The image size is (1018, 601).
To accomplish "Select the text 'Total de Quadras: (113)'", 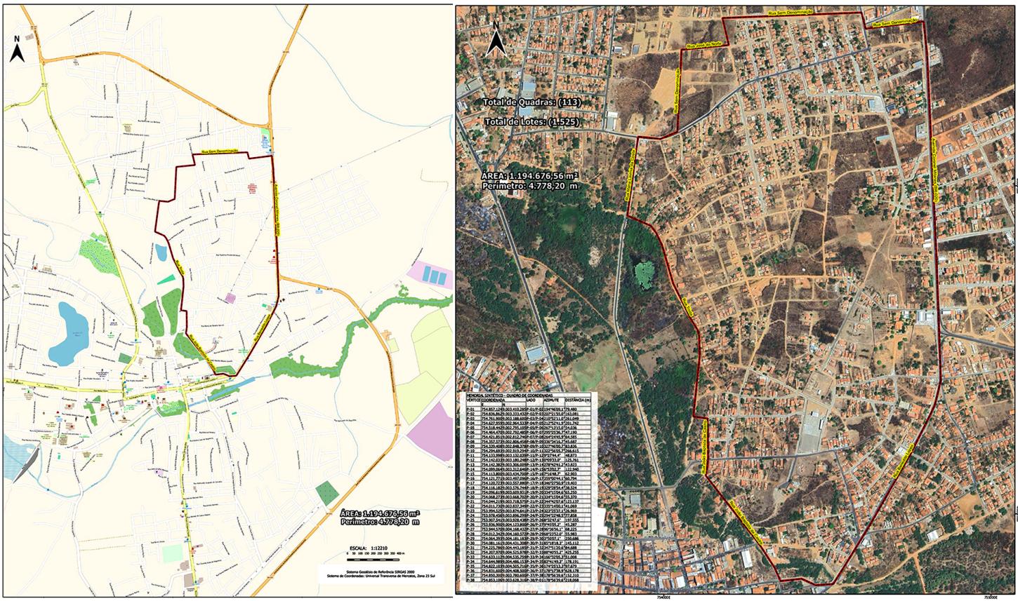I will pyautogui.click(x=533, y=102).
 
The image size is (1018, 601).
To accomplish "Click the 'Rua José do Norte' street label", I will pyautogui.click(x=703, y=43).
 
